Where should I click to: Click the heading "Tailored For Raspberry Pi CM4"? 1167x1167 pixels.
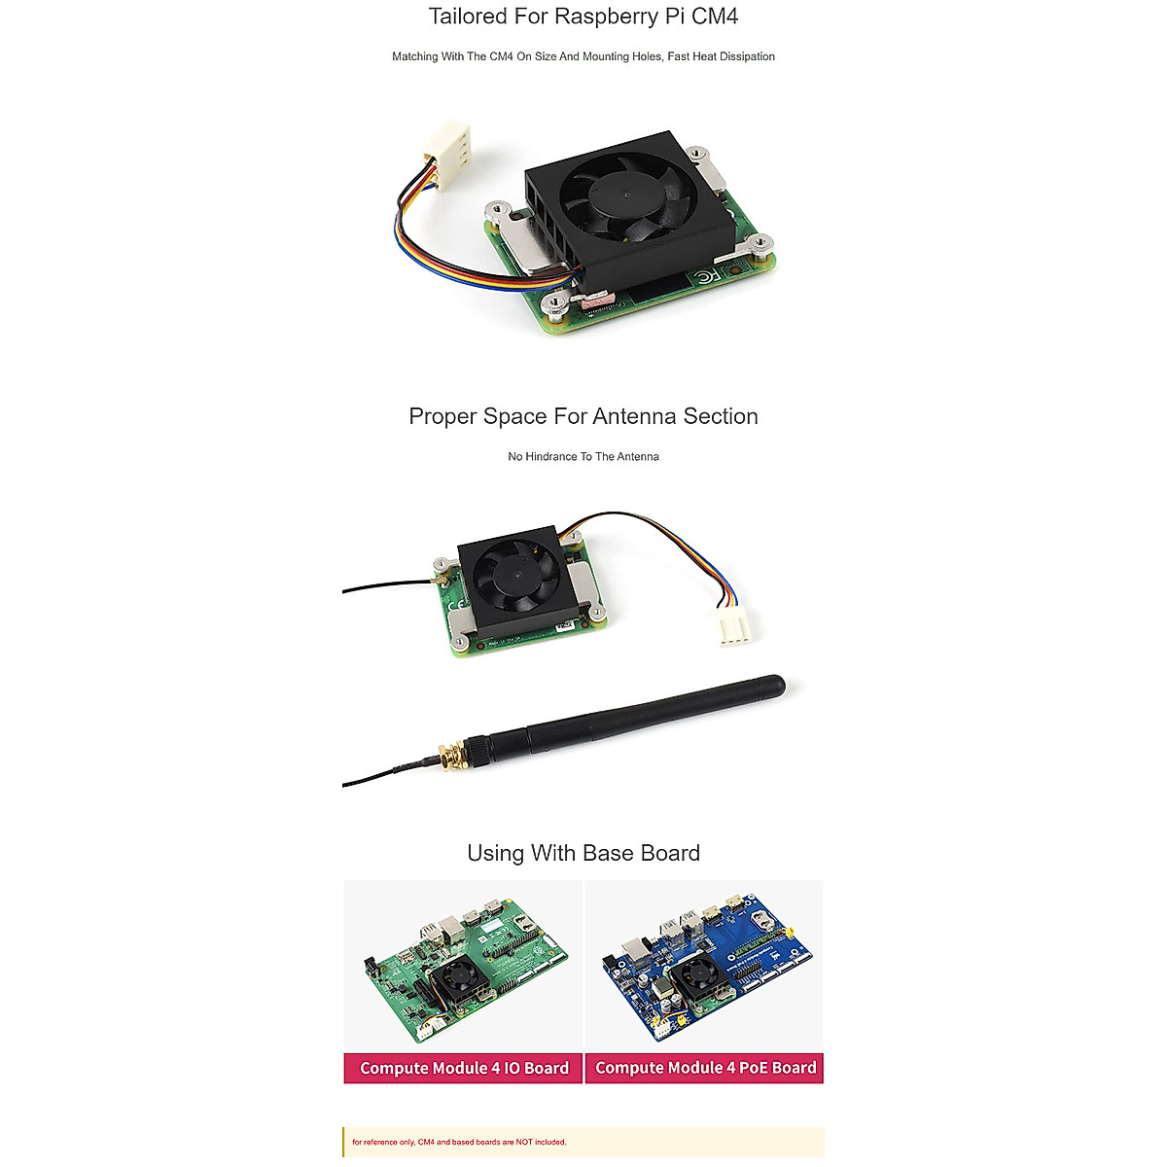coord(583,17)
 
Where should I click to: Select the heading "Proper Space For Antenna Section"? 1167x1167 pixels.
coord(583,416)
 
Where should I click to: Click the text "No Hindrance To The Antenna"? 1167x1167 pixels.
coord(583,456)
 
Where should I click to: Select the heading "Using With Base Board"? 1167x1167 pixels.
coord(583,853)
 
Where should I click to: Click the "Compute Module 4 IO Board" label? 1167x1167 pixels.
coord(464,1068)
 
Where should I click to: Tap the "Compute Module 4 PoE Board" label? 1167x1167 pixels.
coord(705,1068)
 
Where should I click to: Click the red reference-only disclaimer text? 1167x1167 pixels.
coord(459,1142)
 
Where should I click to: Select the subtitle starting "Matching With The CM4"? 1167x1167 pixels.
coord(583,56)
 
